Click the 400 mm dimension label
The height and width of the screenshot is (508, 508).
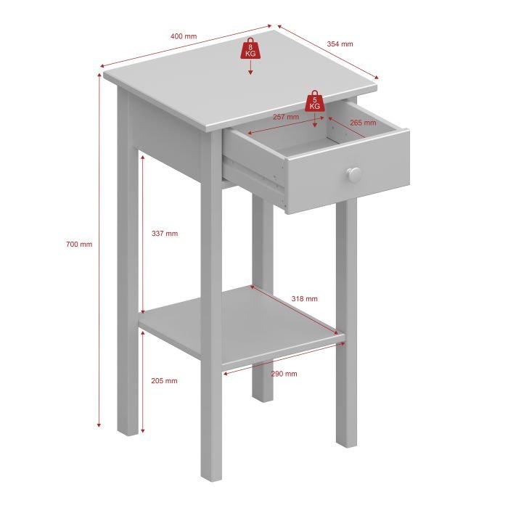click(x=184, y=36)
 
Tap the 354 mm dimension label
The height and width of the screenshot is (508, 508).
click(x=340, y=44)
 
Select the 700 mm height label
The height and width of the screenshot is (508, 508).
click(x=79, y=244)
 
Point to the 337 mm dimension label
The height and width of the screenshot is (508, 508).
click(x=165, y=233)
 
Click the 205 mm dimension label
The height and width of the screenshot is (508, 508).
click(x=164, y=381)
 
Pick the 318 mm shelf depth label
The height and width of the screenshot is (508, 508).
click(x=304, y=299)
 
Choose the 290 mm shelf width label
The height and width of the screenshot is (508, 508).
click(x=284, y=374)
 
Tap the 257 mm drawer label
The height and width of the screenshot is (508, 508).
click(x=286, y=117)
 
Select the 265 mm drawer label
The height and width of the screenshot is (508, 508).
click(x=363, y=123)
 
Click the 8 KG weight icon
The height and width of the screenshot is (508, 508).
click(x=250, y=49)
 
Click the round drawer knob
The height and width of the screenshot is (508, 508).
click(x=354, y=175)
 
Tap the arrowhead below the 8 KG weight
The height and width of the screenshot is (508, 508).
click(x=250, y=73)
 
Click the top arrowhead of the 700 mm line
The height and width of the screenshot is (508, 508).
click(x=99, y=75)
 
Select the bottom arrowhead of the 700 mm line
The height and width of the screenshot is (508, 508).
click(x=99, y=424)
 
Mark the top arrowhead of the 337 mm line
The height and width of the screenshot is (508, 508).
click(x=142, y=157)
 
